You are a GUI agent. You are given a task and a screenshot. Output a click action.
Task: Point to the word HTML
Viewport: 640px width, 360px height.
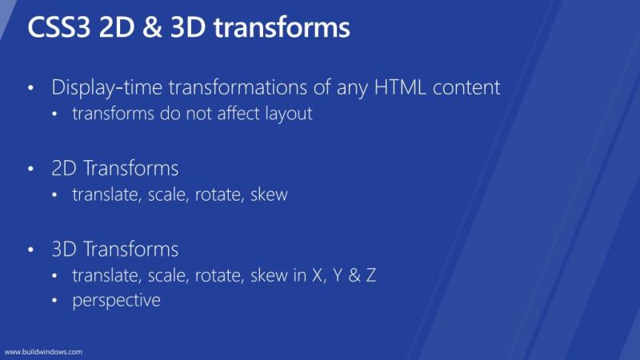(x=403, y=87)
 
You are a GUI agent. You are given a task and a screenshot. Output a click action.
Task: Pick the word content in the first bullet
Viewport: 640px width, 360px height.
(x=467, y=87)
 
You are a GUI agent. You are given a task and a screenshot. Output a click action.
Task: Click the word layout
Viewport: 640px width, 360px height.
(x=286, y=114)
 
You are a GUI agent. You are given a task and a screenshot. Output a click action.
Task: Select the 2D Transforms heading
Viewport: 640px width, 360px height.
(x=114, y=169)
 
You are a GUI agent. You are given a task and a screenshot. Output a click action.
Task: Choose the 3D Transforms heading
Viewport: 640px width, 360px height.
(x=114, y=248)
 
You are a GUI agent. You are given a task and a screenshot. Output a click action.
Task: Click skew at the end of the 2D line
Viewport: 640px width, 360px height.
(x=270, y=194)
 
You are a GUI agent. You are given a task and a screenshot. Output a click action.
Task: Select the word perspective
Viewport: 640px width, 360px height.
(x=116, y=301)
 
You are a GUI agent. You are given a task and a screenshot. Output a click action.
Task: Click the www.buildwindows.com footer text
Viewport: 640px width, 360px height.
(x=44, y=351)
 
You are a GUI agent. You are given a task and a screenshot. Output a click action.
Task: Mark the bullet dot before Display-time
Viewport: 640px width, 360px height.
(x=31, y=88)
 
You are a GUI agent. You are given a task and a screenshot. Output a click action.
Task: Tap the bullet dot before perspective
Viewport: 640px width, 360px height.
(x=55, y=302)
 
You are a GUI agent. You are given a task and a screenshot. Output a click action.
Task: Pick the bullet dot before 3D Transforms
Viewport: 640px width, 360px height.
(x=31, y=250)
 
